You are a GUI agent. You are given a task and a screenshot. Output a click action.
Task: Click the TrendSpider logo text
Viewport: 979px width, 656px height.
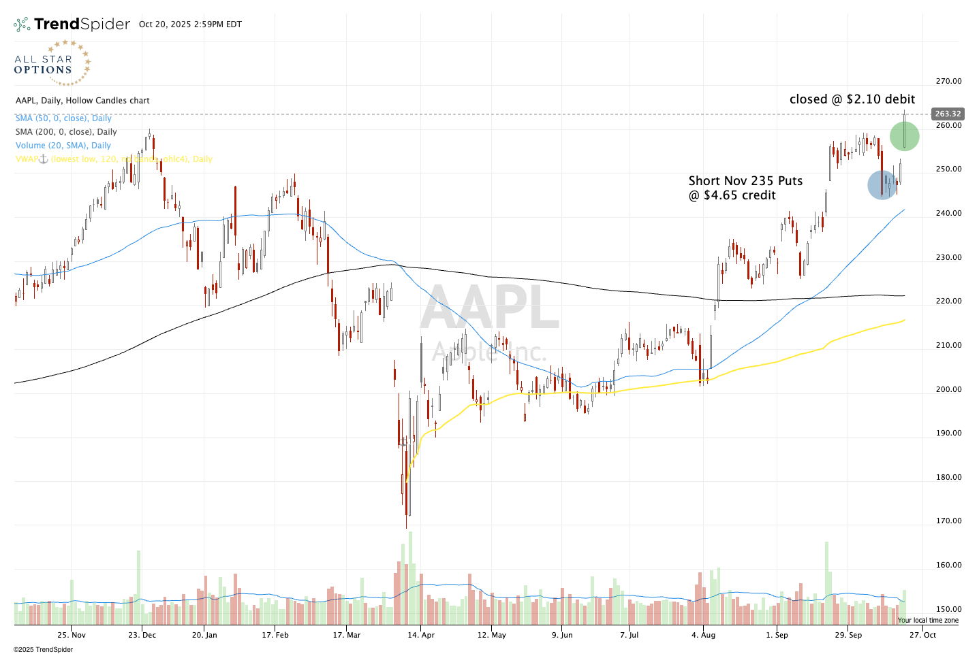pos(82,24)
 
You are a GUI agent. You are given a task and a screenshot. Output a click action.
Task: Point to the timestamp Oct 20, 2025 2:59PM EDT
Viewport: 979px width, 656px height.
pos(190,24)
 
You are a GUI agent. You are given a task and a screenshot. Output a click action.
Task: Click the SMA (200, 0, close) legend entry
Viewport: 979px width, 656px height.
pos(66,132)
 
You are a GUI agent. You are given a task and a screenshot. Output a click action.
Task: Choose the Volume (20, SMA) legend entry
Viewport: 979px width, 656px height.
pos(63,146)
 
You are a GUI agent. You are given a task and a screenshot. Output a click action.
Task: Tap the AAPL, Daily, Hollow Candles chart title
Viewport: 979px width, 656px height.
pos(82,101)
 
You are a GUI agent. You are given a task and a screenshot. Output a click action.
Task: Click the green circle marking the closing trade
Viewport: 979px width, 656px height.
pos(904,136)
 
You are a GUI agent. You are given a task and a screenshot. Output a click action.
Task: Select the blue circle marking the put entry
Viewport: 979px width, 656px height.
pos(882,185)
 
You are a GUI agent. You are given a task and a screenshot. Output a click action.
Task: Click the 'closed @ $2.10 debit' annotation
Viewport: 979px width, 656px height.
pos(852,99)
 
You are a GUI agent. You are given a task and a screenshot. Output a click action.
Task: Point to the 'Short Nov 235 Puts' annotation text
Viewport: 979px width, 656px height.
pos(745,181)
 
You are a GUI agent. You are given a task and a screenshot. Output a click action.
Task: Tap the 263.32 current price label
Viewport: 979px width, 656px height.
pos(948,114)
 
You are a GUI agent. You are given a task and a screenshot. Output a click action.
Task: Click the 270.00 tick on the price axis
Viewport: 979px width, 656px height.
pos(948,81)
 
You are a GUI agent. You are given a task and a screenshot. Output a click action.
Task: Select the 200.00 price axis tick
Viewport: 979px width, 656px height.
pos(948,389)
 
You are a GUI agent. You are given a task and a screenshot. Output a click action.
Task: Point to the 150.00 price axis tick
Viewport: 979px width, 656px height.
pos(948,609)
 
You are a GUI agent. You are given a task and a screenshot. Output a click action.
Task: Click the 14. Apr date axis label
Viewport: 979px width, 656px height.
pos(421,635)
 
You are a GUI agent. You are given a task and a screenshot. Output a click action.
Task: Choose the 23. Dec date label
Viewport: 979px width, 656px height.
pos(142,635)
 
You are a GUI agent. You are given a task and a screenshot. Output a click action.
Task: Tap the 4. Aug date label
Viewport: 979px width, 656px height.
pos(704,635)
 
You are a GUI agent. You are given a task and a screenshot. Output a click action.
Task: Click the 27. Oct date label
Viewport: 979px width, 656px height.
pos(923,635)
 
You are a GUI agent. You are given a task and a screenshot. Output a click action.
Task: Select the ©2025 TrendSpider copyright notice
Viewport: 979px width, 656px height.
pos(43,649)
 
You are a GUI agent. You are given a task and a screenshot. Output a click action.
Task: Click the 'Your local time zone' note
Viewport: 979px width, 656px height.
pos(928,621)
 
